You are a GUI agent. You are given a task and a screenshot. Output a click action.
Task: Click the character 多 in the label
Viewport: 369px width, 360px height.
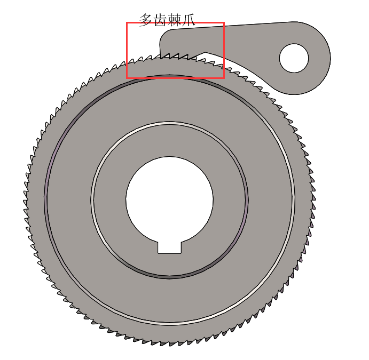(146, 20)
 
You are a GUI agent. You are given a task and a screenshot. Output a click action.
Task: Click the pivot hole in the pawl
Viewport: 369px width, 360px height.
(294, 58)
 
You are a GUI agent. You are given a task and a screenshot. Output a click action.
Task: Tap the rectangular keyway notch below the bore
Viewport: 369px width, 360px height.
(169, 247)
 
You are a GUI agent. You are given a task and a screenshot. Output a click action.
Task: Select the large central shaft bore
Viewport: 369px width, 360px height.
(169, 200)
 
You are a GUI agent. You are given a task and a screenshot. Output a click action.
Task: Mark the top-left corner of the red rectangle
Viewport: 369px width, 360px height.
(127, 23)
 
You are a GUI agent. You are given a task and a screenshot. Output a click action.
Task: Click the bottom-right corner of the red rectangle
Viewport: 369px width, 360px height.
(224, 78)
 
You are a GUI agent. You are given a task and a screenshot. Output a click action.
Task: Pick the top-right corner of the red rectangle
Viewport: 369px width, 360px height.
(224, 23)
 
